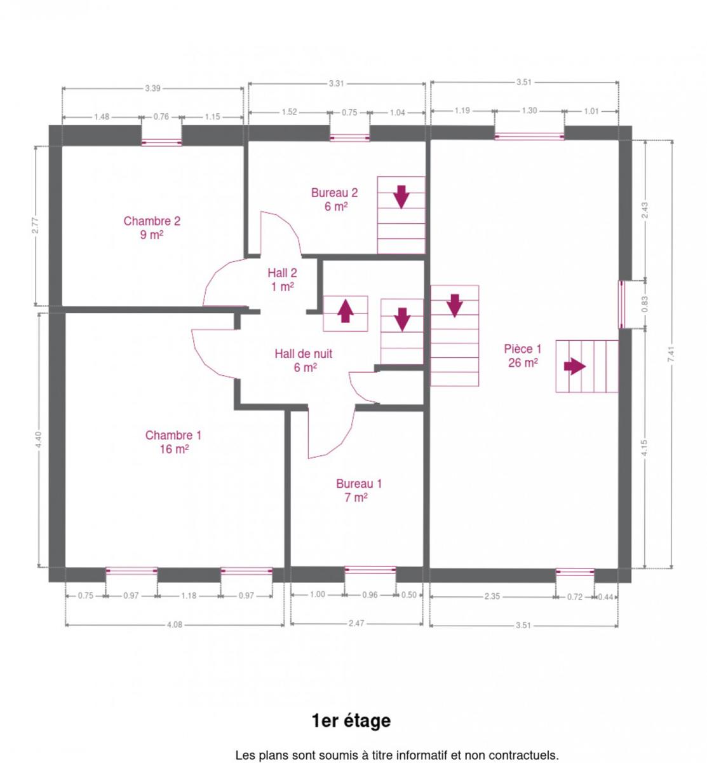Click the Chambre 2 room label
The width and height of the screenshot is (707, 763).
tap(152, 228)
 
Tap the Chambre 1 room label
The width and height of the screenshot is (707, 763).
tap(173, 442)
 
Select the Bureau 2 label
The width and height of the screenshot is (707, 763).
tap(334, 200)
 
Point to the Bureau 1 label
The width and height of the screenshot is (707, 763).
tap(358, 490)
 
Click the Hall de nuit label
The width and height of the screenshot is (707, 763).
tap(303, 361)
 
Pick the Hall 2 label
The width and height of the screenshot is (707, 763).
tap(282, 279)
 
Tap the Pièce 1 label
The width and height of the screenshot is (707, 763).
tap(522, 356)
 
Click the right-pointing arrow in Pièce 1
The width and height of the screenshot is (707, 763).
tap(575, 366)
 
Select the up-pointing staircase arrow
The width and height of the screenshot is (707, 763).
tap(346, 311)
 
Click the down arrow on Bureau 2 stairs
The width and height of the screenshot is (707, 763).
tap(401, 197)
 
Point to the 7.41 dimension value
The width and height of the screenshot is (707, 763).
tap(671, 354)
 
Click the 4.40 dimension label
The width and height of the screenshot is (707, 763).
tap(38, 439)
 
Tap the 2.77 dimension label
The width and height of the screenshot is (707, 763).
tap(36, 226)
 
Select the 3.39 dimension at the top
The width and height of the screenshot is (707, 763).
tap(152, 88)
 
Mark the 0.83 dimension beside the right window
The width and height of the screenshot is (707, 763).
tap(645, 304)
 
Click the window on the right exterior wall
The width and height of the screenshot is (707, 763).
tap(621, 305)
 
